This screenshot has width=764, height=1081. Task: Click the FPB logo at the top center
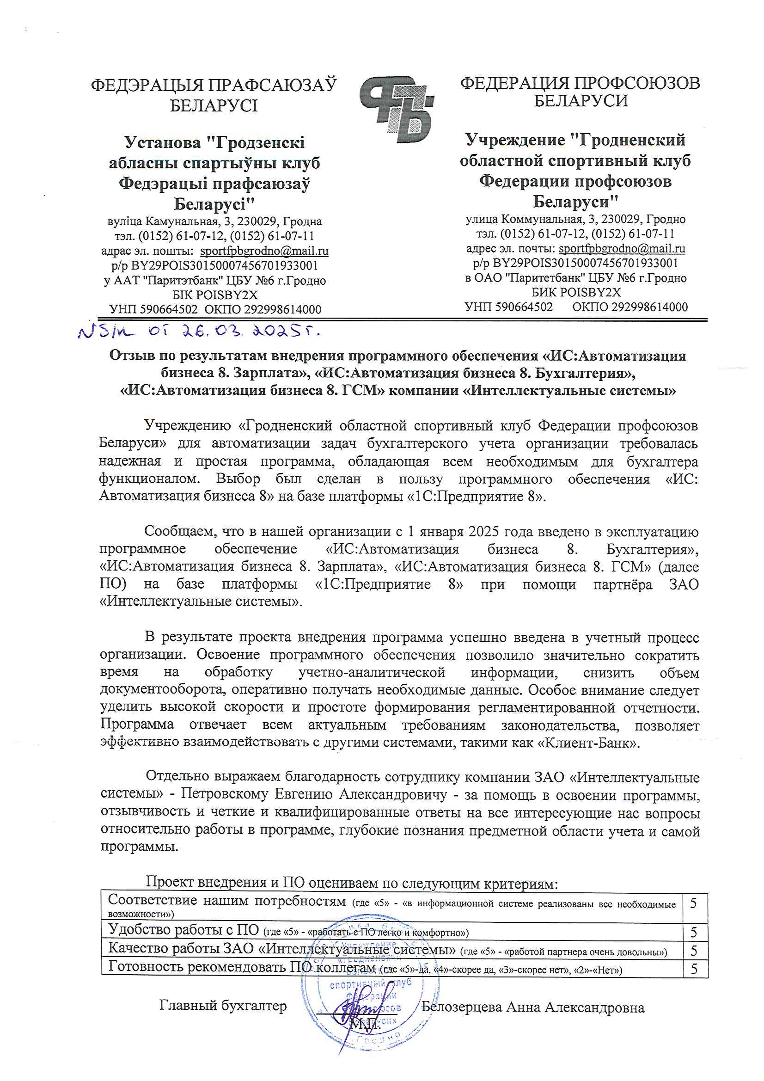(396, 110)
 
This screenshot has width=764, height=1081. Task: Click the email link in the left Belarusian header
(264, 251)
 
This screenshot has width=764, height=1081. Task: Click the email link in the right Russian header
(621, 248)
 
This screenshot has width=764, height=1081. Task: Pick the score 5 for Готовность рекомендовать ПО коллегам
(693, 970)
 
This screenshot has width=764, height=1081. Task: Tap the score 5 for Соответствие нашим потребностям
(693, 903)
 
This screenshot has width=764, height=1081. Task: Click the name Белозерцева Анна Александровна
(532, 1007)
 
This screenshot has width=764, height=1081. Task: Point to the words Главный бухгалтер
(223, 1006)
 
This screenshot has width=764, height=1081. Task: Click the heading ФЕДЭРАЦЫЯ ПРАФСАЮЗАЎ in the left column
(214, 85)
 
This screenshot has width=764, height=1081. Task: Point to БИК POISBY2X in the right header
(576, 292)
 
